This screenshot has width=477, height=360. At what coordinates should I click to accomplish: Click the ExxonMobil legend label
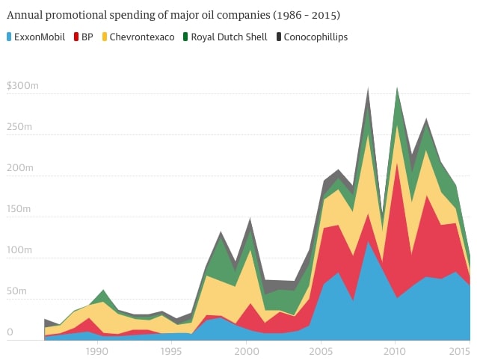pyautogui.click(x=40, y=37)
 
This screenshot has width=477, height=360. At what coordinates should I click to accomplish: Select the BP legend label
pyautogui.click(x=87, y=37)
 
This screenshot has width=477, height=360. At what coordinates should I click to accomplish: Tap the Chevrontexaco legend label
pyautogui.click(x=143, y=37)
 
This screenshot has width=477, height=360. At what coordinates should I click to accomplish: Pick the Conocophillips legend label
pyautogui.click(x=316, y=37)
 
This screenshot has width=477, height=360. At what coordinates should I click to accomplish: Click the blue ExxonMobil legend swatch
pyautogui.click(x=10, y=37)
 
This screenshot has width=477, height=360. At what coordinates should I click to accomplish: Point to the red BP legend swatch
pyautogui.click(x=76, y=37)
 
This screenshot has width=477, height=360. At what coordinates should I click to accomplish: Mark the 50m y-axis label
pyautogui.click(x=16, y=291)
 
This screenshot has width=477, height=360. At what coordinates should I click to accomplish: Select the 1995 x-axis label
pyautogui.click(x=172, y=351)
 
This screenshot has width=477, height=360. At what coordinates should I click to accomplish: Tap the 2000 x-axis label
pyautogui.click(x=247, y=351)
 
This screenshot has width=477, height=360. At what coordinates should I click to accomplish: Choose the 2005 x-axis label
pyautogui.click(x=321, y=351)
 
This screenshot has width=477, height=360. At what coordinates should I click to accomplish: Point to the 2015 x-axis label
pyautogui.click(x=460, y=351)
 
